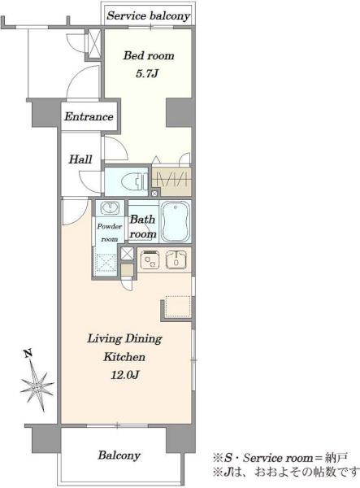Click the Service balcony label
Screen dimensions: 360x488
pyautogui.click(x=148, y=16)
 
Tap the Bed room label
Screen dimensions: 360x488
pyautogui.click(x=149, y=55)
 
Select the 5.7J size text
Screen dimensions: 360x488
pyautogui.click(x=147, y=74)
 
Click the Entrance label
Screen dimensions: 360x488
pyautogui.click(x=89, y=116)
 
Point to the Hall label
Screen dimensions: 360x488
pyautogui.click(x=80, y=159)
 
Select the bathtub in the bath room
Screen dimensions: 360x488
pyautogui.click(x=176, y=221)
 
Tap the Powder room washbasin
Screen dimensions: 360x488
pyautogui.click(x=110, y=208)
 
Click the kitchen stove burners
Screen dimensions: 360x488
pyautogui.click(x=150, y=259)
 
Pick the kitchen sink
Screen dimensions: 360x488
pyautogui.click(x=176, y=259)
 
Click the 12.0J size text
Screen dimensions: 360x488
pyautogui.click(x=124, y=375)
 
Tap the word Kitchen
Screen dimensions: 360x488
pyautogui.click(x=124, y=357)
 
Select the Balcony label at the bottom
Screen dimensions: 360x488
pyautogui.click(x=119, y=455)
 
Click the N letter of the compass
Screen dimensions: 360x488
pyautogui.click(x=28, y=354)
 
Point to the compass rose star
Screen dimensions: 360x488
pyautogui.click(x=37, y=387)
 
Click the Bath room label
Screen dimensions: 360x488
pyautogui.click(x=143, y=227)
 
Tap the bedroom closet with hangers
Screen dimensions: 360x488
pyautogui.click(x=171, y=181)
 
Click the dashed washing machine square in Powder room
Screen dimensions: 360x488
pyautogui.click(x=106, y=264)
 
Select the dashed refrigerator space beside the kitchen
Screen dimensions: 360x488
pyautogui.click(x=178, y=307)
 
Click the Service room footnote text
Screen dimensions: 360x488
pyautogui.click(x=279, y=457)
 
